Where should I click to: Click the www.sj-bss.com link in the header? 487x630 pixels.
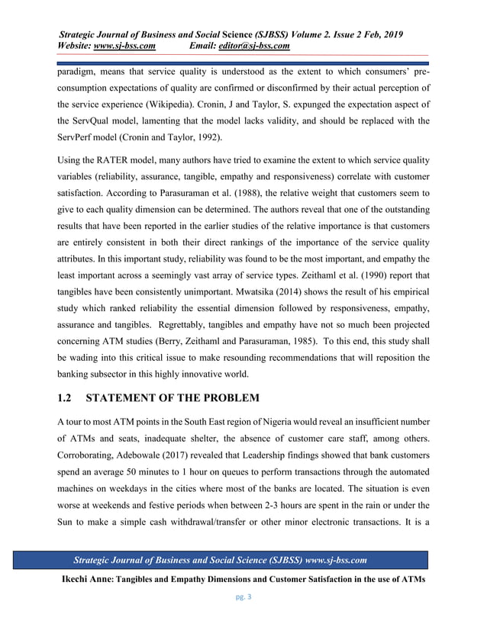coord(124,47)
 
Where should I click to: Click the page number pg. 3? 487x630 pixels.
coord(243,597)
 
